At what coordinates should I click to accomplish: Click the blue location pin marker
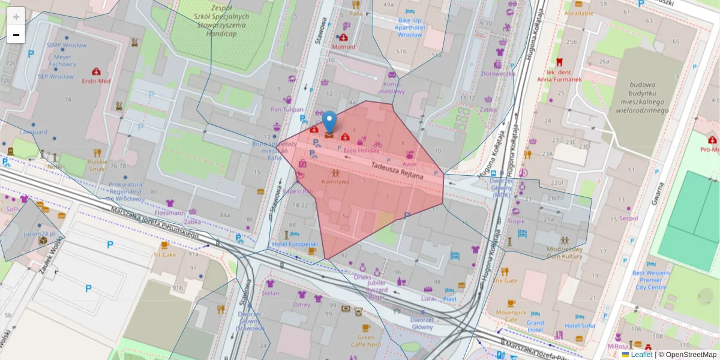click(x=329, y=122)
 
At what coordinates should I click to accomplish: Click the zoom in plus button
click(x=16, y=17)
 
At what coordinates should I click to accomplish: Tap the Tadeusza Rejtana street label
click(x=397, y=172)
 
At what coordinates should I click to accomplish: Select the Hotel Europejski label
click(x=294, y=245)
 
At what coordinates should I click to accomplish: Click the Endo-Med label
click(x=96, y=80)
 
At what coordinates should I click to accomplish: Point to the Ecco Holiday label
click(x=361, y=151)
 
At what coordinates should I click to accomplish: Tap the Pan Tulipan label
click(x=287, y=109)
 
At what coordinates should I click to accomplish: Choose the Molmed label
click(x=343, y=46)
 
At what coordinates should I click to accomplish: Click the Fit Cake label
click(x=164, y=254)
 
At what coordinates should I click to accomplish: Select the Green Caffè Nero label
click(x=365, y=341)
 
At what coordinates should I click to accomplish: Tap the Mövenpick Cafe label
click(x=511, y=316)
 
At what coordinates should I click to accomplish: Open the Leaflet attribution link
click(x=641, y=355)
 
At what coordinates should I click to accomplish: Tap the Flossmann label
click(x=170, y=212)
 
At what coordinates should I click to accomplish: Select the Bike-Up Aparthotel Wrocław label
click(x=410, y=27)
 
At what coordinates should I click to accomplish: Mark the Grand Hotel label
click(x=535, y=326)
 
